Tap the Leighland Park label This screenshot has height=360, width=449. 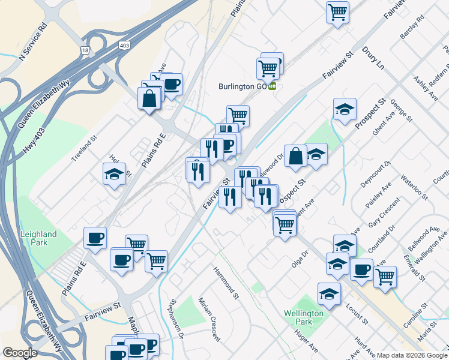pyautogui.click(x=38, y=238)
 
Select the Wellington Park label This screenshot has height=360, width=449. pyautogui.click(x=304, y=317)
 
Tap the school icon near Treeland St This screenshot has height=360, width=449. pyautogui.click(x=114, y=175)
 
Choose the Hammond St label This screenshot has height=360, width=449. pyautogui.click(x=226, y=283)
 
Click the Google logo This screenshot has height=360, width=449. pyautogui.click(x=20, y=353)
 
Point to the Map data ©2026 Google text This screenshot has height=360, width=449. pyautogui.click(x=411, y=355)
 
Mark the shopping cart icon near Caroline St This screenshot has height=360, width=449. pyautogui.click(x=385, y=277)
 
